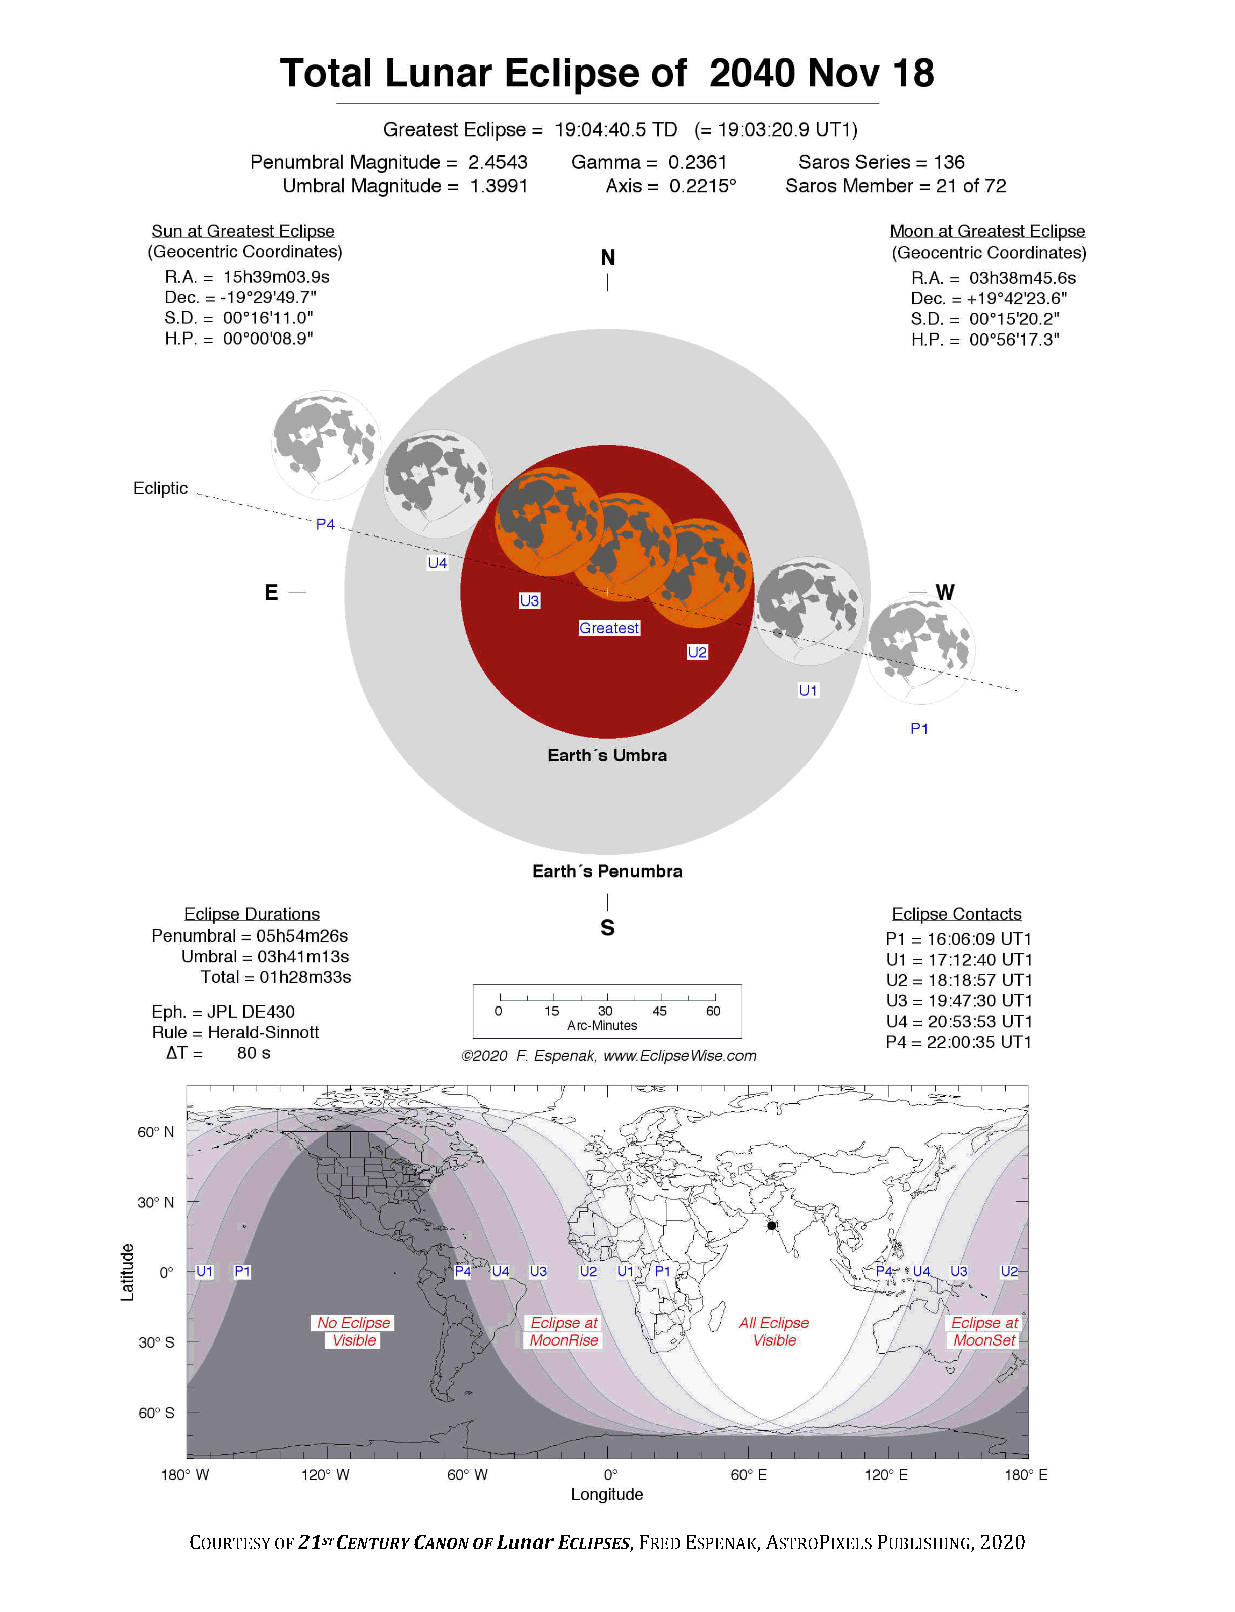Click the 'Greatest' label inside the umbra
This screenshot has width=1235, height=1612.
click(609, 628)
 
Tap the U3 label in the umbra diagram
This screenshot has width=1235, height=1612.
click(529, 600)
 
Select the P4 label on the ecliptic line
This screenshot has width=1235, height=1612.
click(325, 524)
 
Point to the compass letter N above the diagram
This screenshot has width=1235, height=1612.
click(607, 258)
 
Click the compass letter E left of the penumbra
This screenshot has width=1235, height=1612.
click(271, 592)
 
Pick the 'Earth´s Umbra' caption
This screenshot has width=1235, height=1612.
click(607, 755)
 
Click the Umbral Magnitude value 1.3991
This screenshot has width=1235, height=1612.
click(499, 186)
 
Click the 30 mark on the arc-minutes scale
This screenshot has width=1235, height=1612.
click(605, 1011)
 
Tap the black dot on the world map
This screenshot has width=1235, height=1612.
click(772, 1226)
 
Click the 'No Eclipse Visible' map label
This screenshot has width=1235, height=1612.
click(353, 1331)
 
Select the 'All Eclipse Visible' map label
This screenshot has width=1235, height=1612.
click(774, 1331)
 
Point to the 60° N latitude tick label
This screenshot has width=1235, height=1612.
click(156, 1132)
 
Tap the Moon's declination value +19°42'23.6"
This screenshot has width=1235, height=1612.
click(1017, 298)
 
